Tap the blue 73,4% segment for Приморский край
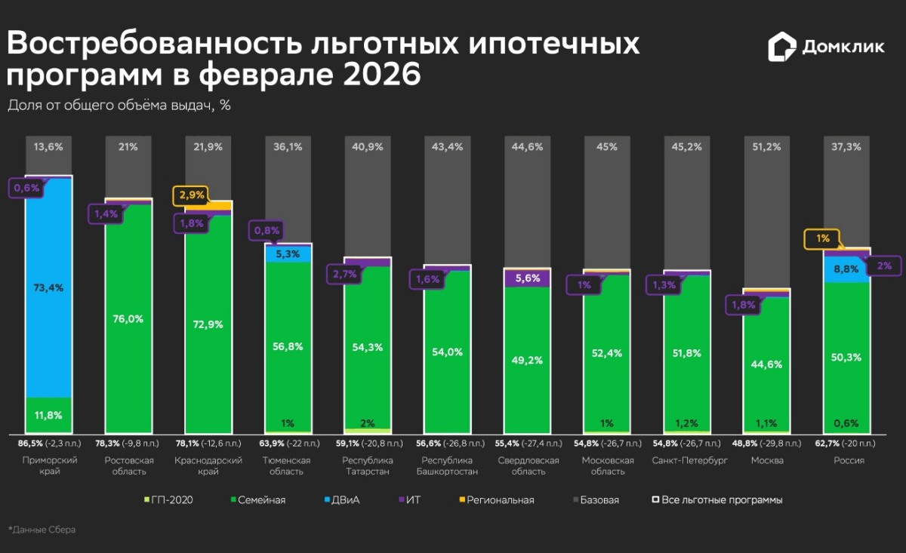[48, 287]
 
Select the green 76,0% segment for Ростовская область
[128, 318]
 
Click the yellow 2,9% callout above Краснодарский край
[190, 195]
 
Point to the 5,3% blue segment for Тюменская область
[288, 254]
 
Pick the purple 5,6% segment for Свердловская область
[528, 278]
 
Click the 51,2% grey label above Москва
[766, 147]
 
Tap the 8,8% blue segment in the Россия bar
[846, 269]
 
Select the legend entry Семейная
[257, 499]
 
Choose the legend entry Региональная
[494, 499]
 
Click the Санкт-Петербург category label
[687, 460]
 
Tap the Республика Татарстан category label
[367, 465]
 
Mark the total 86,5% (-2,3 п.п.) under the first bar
[48, 444]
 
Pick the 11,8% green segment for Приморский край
[48, 415]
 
